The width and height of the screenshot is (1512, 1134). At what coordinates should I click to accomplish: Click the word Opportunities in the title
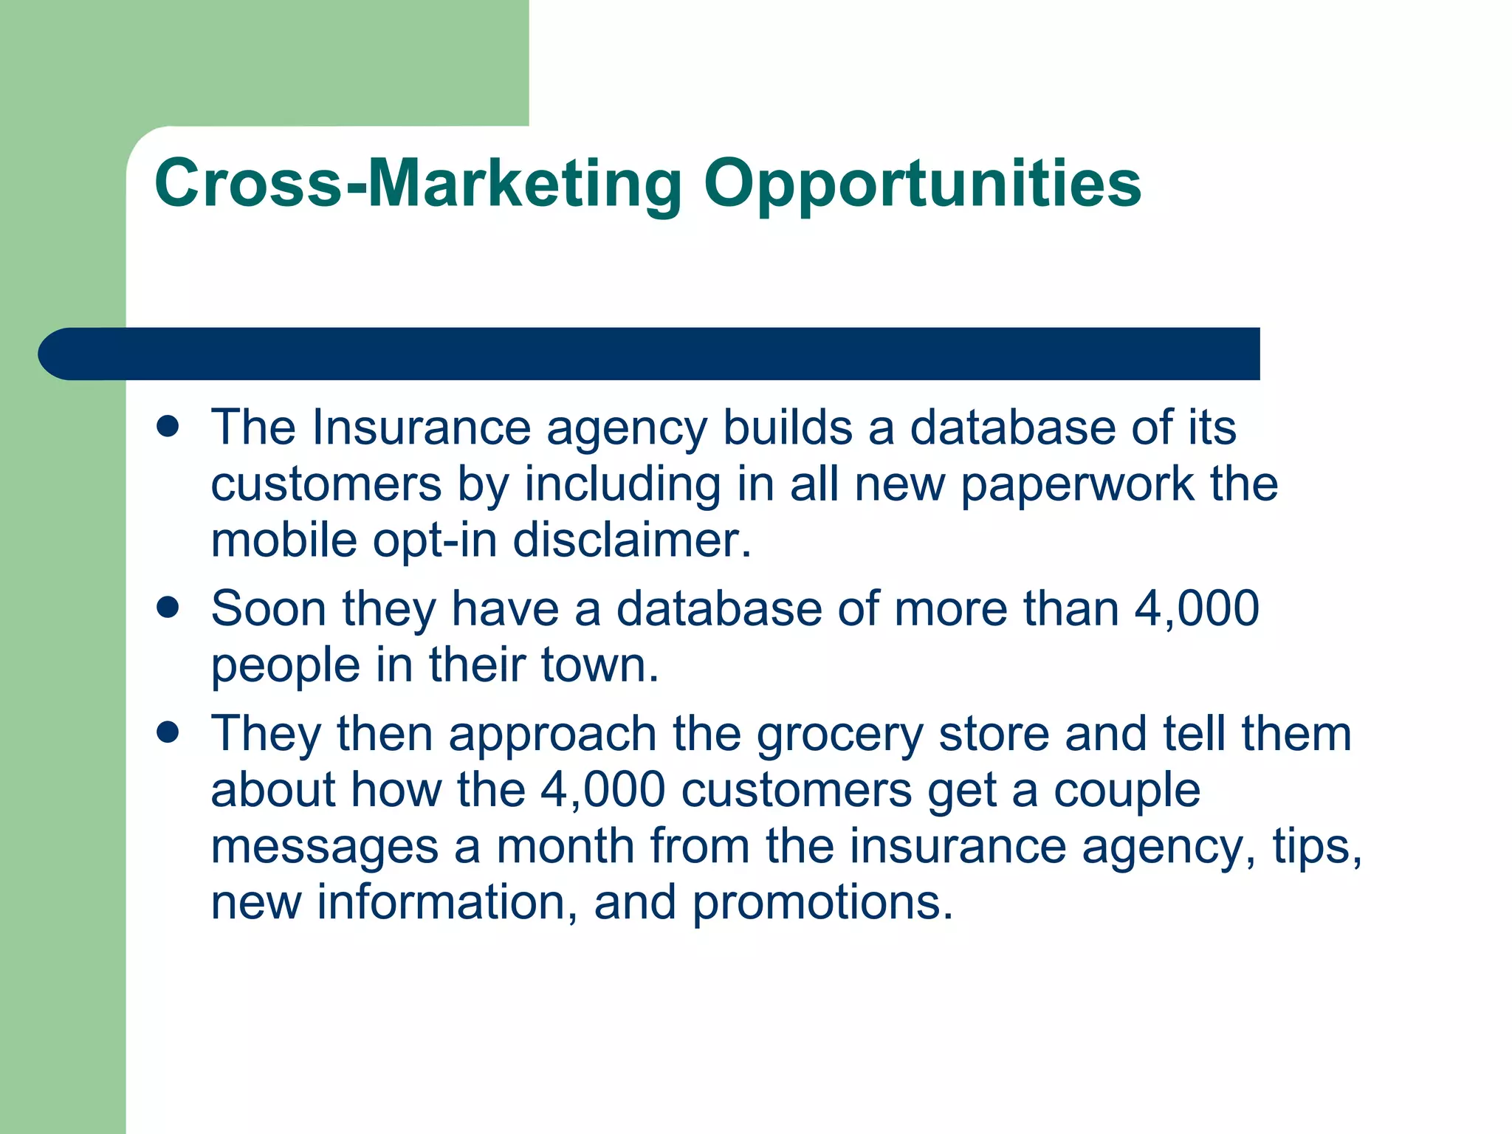click(922, 185)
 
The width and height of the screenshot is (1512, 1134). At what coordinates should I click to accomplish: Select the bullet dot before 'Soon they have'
click(168, 608)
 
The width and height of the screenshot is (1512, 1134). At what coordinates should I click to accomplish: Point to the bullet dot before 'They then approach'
click(168, 732)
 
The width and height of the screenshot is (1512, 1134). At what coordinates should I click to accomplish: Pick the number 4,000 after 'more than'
click(1196, 609)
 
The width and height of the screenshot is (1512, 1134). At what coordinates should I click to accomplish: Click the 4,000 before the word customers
click(602, 791)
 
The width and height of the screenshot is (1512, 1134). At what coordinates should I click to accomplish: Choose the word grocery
click(839, 735)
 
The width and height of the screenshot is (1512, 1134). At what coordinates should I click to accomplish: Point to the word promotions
click(822, 904)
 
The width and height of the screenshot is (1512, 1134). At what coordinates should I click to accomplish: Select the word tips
click(1316, 848)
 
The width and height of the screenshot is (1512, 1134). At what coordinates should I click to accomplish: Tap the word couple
click(1127, 792)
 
